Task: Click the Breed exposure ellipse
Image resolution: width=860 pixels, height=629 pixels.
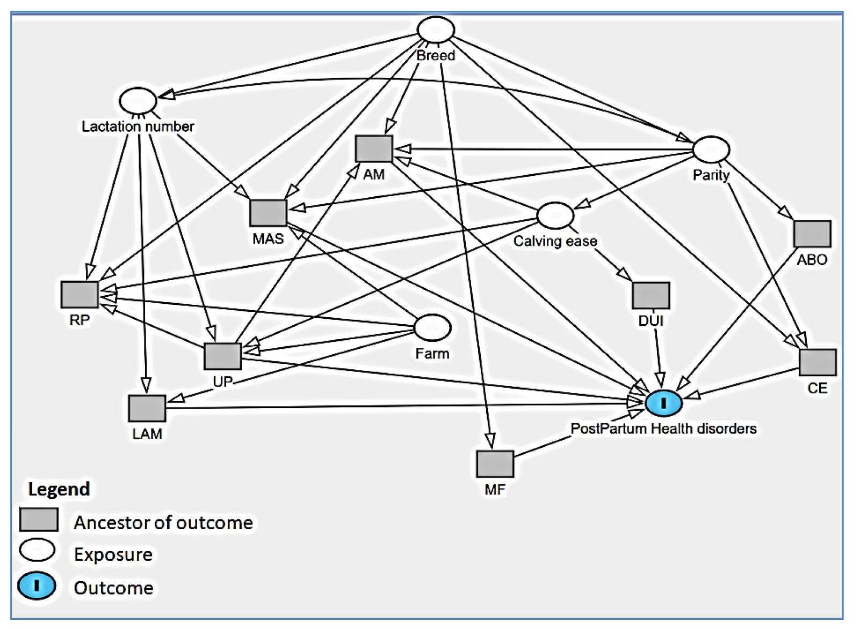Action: pyautogui.click(x=436, y=30)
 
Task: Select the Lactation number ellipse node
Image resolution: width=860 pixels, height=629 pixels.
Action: pyautogui.click(x=138, y=101)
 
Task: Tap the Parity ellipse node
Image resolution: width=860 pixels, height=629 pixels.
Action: pyautogui.click(x=711, y=149)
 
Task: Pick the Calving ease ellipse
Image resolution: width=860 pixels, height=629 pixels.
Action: pyautogui.click(x=555, y=216)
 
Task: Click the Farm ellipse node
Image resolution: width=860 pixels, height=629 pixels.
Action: pyautogui.click(x=432, y=328)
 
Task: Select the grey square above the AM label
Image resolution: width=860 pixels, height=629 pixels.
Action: pyautogui.click(x=374, y=149)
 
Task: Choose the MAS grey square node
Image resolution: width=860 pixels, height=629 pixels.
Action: pyautogui.click(x=269, y=213)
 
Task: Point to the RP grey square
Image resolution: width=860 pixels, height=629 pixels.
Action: pyautogui.click(x=80, y=295)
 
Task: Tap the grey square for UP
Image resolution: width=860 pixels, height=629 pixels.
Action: pyautogui.click(x=223, y=356)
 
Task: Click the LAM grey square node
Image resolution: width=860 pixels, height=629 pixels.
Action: pyautogui.click(x=147, y=409)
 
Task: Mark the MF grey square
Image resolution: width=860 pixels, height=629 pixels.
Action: pyautogui.click(x=495, y=464)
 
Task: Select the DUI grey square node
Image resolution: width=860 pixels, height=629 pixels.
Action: pyautogui.click(x=651, y=296)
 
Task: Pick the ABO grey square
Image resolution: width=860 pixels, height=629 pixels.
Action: pyautogui.click(x=812, y=234)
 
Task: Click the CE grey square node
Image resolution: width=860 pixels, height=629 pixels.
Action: pyautogui.click(x=818, y=362)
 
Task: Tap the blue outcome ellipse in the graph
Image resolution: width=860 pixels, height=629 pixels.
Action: pyautogui.click(x=664, y=403)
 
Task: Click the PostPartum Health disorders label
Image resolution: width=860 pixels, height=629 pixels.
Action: pyautogui.click(x=663, y=428)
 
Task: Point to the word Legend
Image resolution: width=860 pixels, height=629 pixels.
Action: pyautogui.click(x=59, y=489)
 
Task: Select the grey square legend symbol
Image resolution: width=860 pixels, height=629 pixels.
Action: pyautogui.click(x=39, y=519)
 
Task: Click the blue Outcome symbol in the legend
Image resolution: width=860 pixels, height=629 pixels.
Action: pyautogui.click(x=37, y=585)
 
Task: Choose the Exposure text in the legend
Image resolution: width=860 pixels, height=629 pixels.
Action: pyautogui.click(x=113, y=554)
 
